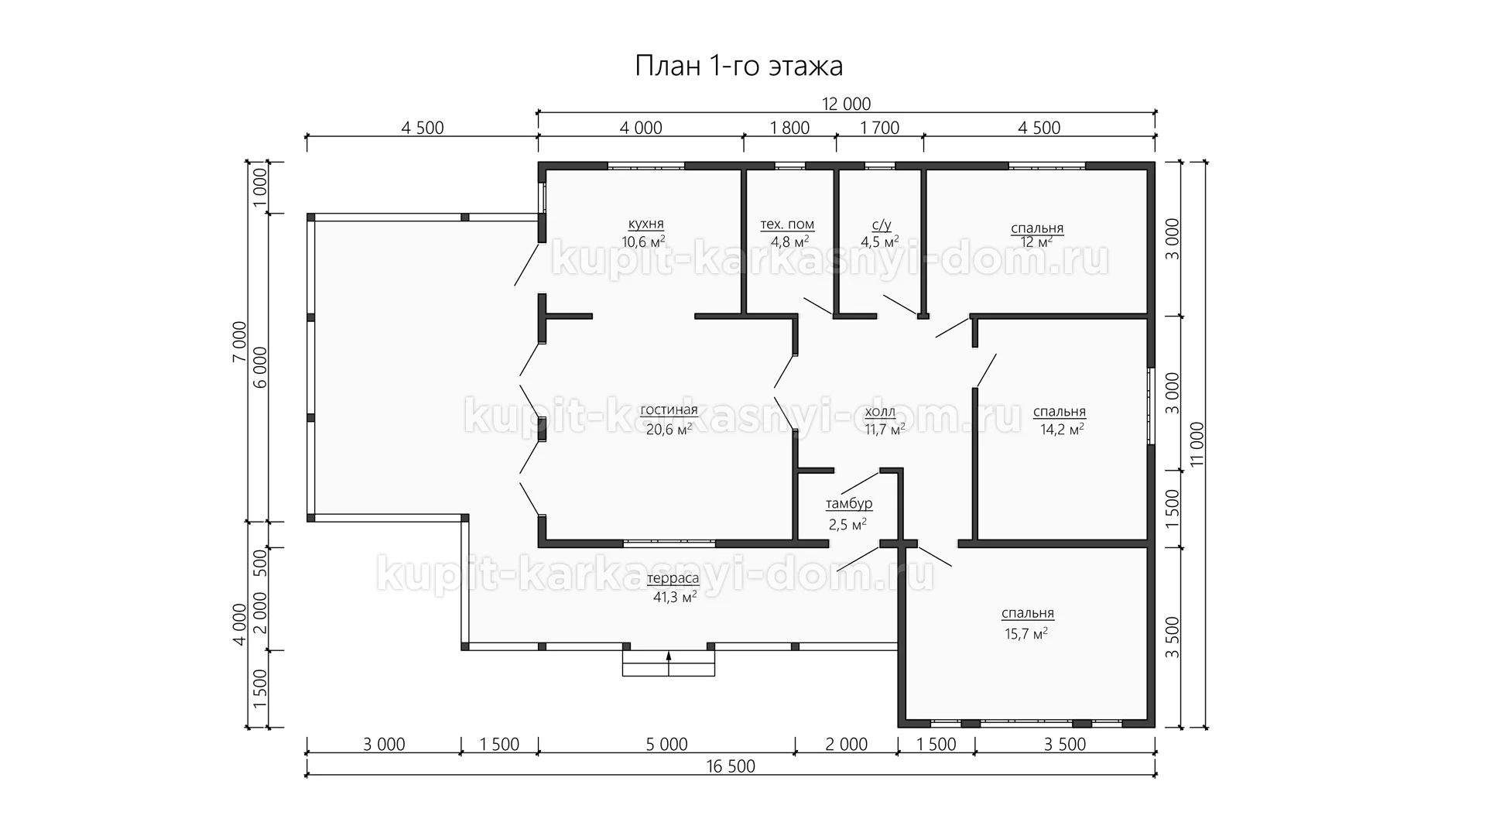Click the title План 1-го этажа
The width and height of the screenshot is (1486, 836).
pyautogui.click(x=738, y=67)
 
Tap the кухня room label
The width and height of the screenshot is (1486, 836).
pyautogui.click(x=645, y=224)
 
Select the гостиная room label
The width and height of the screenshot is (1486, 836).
pyautogui.click(x=669, y=410)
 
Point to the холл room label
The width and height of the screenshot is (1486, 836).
pyautogui.click(x=880, y=411)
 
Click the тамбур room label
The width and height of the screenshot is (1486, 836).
pyautogui.click(x=849, y=504)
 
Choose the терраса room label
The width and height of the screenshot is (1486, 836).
pyautogui.click(x=673, y=578)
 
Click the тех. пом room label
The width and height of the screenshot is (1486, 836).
pyautogui.click(x=787, y=224)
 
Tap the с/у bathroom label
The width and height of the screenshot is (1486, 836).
pyautogui.click(x=882, y=225)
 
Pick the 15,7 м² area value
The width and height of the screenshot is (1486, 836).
pyautogui.click(x=1026, y=633)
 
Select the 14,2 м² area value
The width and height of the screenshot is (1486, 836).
pyautogui.click(x=1062, y=430)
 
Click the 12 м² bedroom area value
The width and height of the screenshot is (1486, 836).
pyautogui.click(x=1036, y=242)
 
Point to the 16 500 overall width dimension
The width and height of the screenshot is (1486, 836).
pyautogui.click(x=731, y=766)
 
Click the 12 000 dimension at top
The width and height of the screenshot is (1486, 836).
pyautogui.click(x=847, y=104)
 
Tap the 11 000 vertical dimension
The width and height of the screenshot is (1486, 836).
pyautogui.click(x=1197, y=444)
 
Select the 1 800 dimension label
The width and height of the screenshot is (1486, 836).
pyautogui.click(x=790, y=128)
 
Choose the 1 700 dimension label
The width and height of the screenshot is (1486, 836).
pyautogui.click(x=880, y=128)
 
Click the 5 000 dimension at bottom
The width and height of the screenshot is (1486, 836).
pyautogui.click(x=666, y=745)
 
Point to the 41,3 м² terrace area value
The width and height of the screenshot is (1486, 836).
pyautogui.click(x=675, y=597)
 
